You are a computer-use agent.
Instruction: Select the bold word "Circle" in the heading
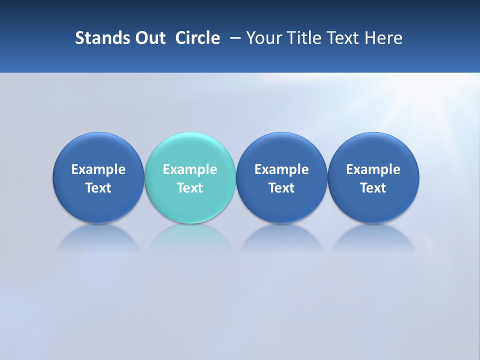tap(197, 38)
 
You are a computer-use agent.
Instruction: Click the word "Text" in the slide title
tap(344, 38)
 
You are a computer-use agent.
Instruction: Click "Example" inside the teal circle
tap(190, 169)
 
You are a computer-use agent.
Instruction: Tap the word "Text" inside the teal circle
tap(190, 188)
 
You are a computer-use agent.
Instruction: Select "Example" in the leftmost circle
tap(98, 169)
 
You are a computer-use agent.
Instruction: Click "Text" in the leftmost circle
tap(98, 188)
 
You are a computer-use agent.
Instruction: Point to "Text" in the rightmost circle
tap(373, 188)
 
